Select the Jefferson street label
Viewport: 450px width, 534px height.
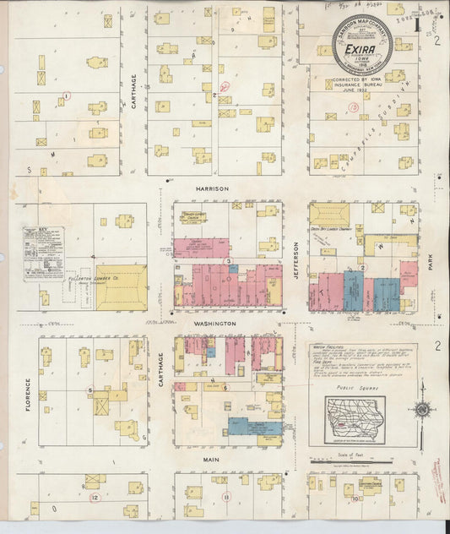tap(296, 253)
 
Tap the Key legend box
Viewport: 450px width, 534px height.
tap(42, 253)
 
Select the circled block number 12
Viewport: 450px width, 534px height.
tap(95, 498)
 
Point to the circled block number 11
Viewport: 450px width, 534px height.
tap(225, 498)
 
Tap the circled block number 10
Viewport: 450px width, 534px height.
tap(357, 498)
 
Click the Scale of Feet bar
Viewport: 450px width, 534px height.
tap(362, 461)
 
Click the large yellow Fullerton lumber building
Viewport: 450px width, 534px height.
tap(121, 288)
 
